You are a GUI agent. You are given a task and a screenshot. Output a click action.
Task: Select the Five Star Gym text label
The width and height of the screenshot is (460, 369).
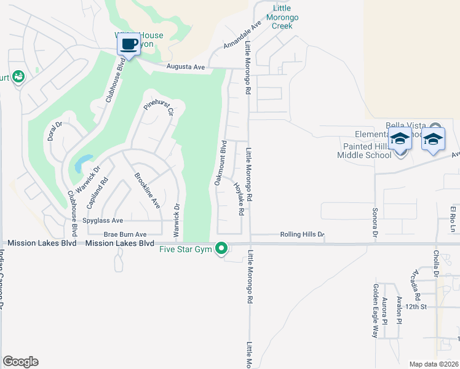coord(185,249)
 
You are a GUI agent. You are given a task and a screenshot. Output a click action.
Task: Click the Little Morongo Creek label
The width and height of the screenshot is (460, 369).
coord(284,18)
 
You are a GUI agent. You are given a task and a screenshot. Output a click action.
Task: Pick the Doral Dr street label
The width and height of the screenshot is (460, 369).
coord(55,131)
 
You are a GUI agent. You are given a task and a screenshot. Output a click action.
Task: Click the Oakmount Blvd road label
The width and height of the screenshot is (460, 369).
coord(220,163)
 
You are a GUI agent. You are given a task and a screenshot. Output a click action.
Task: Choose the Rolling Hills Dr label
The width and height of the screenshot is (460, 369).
coord(302,234)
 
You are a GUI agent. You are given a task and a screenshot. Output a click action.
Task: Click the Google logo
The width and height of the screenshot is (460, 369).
coord(20,362)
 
